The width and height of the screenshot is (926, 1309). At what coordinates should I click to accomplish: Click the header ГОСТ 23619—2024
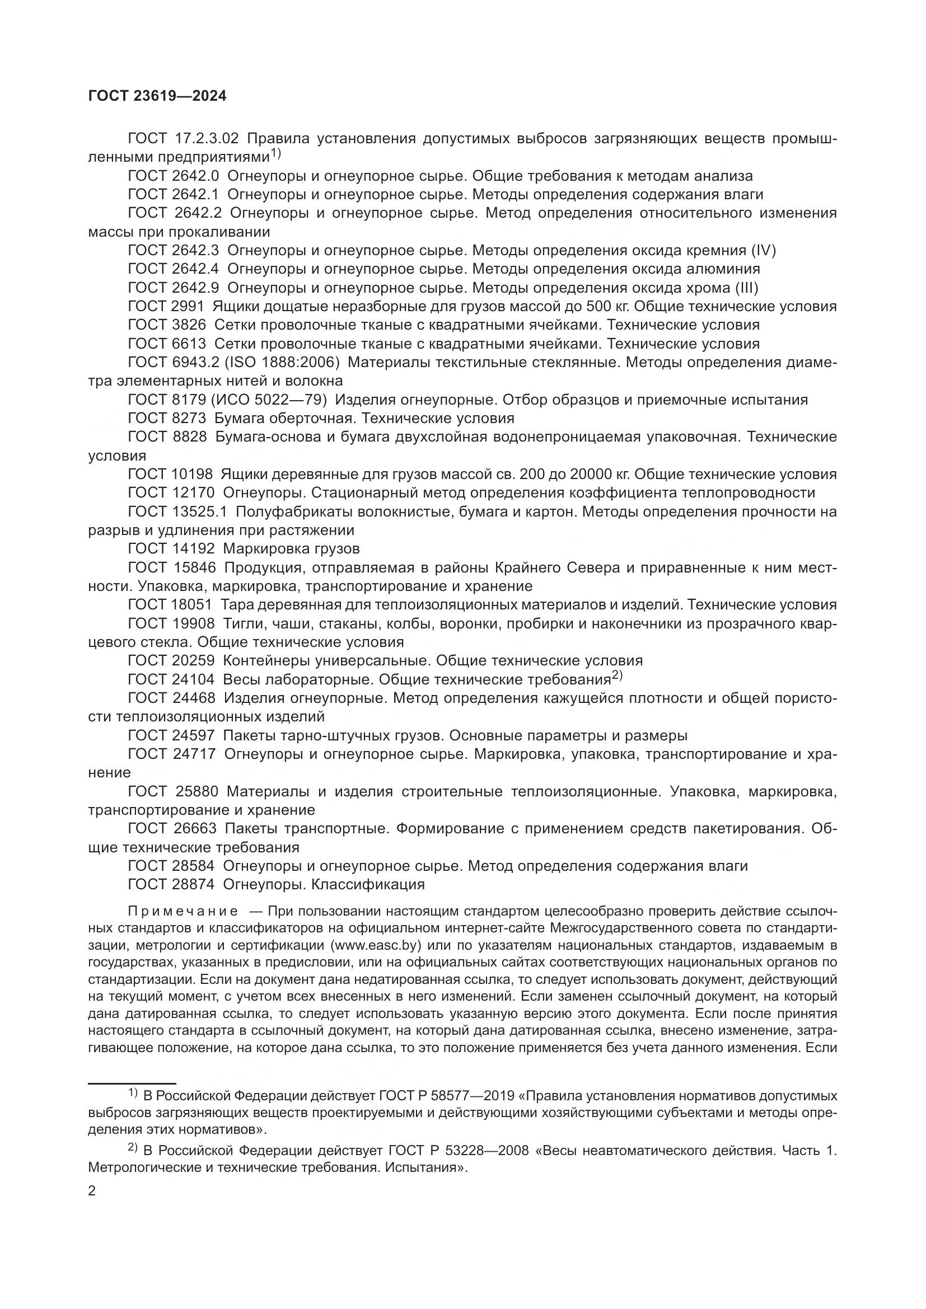[x=157, y=96]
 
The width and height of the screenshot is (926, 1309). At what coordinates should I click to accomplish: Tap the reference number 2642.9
[x=195, y=287]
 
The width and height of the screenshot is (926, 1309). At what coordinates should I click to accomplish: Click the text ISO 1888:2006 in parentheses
[x=285, y=362]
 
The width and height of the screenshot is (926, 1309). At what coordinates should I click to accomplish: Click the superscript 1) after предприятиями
[x=276, y=153]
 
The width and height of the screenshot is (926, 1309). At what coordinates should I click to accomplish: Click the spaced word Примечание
[x=183, y=911]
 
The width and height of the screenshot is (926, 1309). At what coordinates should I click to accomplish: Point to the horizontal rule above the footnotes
[x=132, y=1083]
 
